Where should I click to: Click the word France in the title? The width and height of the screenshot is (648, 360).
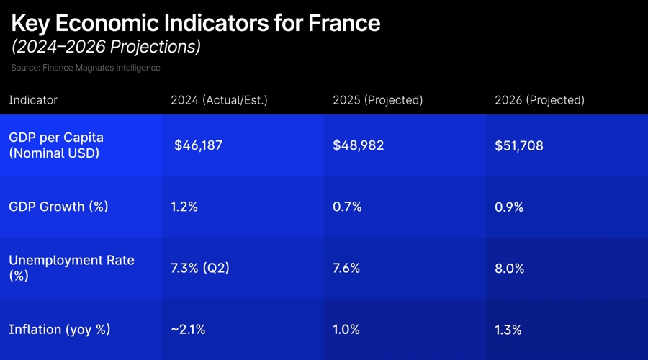343,23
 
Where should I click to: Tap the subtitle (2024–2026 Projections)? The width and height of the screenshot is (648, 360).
106,47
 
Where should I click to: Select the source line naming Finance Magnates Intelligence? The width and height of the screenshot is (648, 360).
86,68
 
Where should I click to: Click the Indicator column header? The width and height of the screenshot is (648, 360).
33,100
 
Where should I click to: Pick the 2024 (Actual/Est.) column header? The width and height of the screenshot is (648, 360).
219,100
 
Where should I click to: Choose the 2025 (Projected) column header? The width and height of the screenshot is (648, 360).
377,100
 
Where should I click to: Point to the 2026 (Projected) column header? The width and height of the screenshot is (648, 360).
539,100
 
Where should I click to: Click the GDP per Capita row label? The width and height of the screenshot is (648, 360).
56,145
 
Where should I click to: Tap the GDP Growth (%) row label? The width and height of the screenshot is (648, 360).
58,207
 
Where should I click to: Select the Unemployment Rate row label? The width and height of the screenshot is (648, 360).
71,267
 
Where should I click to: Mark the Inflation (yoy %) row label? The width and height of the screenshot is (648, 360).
60,330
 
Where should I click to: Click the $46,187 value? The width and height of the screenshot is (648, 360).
198,145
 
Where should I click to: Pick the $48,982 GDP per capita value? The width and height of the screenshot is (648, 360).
358,145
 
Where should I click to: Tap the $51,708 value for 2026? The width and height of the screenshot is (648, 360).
519,145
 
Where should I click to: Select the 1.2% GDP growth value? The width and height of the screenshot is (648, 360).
184,207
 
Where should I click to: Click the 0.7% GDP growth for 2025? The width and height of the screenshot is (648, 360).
347,207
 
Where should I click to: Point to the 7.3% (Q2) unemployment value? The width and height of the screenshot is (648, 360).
200,269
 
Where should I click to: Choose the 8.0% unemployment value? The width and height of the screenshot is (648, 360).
510,269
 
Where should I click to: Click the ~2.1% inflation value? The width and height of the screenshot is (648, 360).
188,330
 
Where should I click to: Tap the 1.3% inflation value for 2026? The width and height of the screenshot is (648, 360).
508,330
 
